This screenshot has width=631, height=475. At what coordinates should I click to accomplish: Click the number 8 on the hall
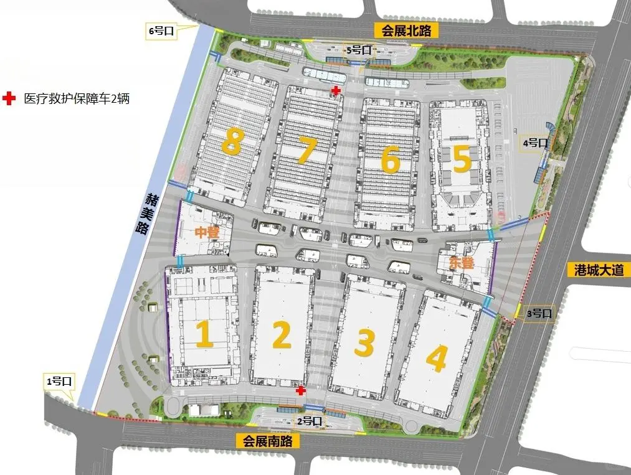click(x=231, y=142)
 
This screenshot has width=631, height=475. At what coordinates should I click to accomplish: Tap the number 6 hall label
click(x=390, y=159)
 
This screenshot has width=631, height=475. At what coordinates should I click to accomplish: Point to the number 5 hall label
click(x=462, y=159)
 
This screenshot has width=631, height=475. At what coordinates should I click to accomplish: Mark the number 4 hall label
click(x=437, y=358)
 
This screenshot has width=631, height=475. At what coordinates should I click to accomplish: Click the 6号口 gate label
click(x=161, y=30)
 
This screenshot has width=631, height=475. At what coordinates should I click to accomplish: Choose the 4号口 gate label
click(x=535, y=143)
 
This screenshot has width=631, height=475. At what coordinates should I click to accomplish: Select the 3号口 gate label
click(x=539, y=313)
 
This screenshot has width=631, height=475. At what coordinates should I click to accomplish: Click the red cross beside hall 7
click(x=336, y=92)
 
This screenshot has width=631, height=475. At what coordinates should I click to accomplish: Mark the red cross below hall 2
click(x=301, y=390)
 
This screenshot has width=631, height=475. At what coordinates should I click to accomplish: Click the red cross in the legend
click(x=9, y=98)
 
